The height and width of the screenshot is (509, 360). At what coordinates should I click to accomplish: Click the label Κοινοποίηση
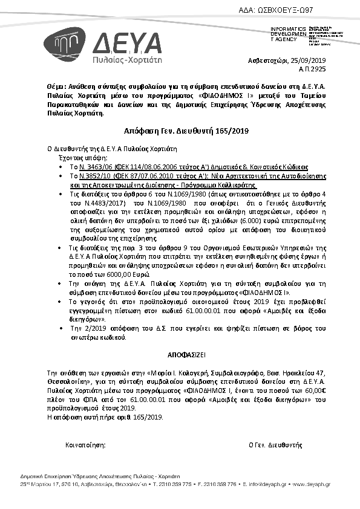(85, 444)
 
